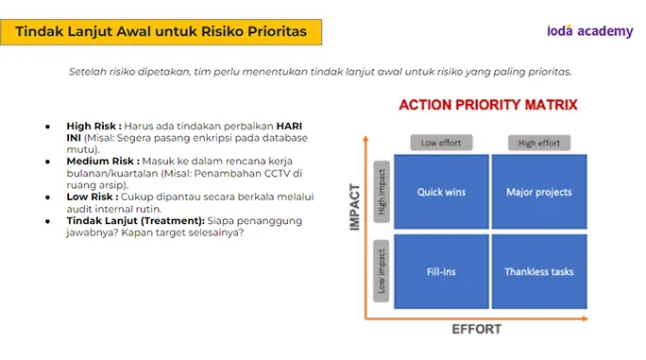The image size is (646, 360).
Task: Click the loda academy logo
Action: pos(590,31)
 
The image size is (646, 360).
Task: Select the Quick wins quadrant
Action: pos(441,192)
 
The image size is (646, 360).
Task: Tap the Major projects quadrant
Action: pos(539,192)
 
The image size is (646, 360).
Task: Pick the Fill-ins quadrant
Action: pos(441,271)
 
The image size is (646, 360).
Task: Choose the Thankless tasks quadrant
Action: pos(539,271)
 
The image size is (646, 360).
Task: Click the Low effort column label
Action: pos(441,143)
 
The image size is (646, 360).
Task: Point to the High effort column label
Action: pos(539,143)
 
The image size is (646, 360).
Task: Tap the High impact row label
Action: pos(382,192)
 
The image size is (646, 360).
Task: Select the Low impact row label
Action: pos(382,271)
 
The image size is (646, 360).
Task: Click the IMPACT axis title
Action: pos(354,207)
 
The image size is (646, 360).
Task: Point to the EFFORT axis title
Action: pos(477,329)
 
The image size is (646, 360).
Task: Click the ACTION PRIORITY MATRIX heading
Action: pos(488,105)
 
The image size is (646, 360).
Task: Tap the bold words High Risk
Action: pos(93,127)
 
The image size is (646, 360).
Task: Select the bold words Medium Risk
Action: pos(103,162)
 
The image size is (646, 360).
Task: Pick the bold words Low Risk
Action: pos(93,197)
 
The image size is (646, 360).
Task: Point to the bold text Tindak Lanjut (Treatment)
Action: pos(136,221)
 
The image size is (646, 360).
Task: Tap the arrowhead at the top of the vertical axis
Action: pos(365,139)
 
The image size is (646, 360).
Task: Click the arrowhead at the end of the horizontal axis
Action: pos(585,318)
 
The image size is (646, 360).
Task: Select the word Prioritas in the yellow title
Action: pos(278,31)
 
